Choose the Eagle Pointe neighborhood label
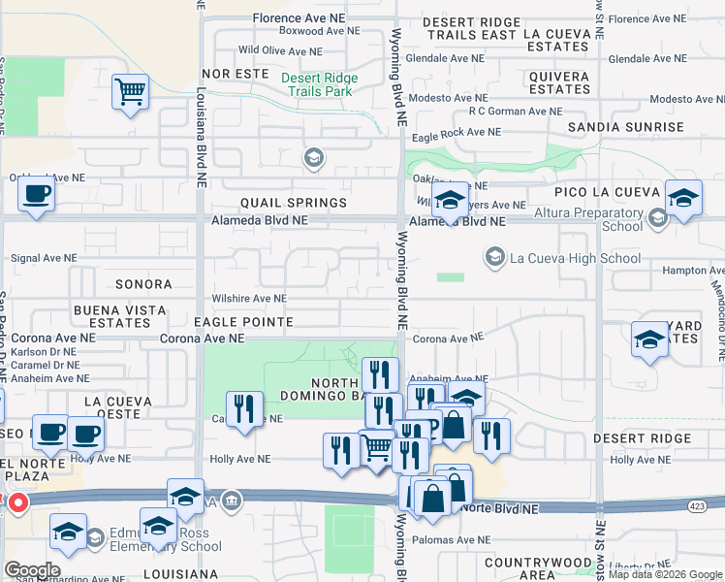click(243, 321)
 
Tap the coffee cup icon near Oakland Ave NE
click(36, 193)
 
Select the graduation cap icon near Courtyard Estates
click(649, 340)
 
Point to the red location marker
click(16, 503)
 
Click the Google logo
click(32, 570)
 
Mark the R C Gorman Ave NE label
click(515, 112)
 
